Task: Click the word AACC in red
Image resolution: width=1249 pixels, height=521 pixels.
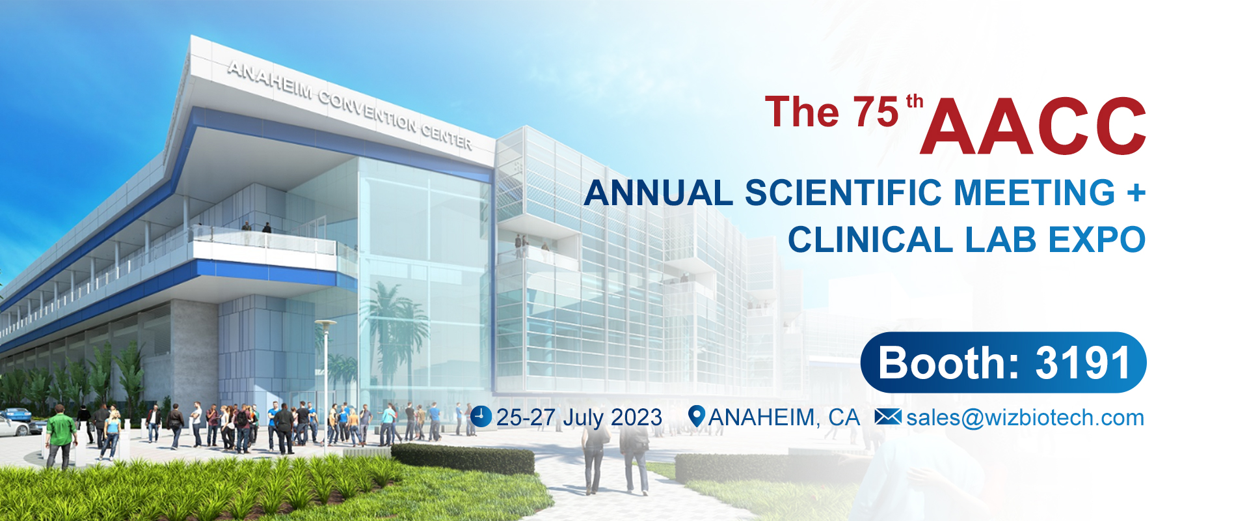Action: [1033, 126]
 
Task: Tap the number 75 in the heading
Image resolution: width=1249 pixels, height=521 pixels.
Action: [876, 112]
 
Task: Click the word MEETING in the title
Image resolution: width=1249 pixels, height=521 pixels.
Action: [1034, 193]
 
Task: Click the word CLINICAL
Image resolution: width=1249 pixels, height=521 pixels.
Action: [871, 240]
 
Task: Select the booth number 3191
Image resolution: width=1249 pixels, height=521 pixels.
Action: [1082, 363]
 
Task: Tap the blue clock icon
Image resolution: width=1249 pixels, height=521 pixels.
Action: [481, 417]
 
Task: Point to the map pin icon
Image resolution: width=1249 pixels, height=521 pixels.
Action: [696, 416]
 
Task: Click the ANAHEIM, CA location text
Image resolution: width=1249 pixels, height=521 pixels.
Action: [784, 417]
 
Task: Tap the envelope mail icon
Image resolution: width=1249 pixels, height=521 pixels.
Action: [888, 417]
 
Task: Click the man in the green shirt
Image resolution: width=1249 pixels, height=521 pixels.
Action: [60, 435]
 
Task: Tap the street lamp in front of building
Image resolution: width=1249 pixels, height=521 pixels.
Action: [325, 384]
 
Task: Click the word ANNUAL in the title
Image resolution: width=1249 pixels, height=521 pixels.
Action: [658, 193]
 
